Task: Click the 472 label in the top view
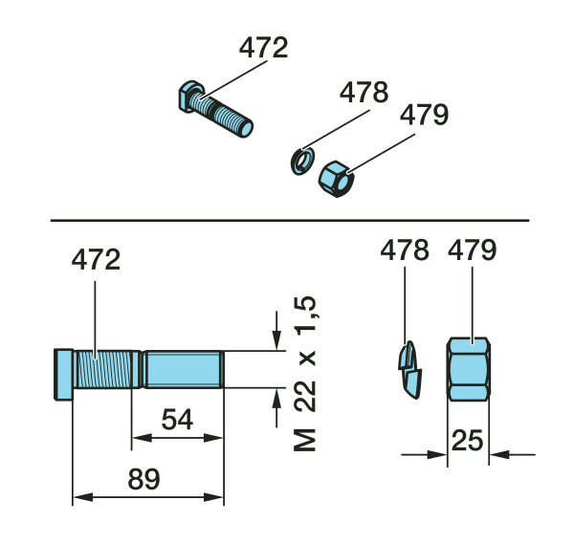(264, 48)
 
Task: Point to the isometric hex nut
(336, 179)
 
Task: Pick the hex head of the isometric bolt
(190, 96)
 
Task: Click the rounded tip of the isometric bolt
(247, 129)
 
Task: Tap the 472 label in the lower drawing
(96, 259)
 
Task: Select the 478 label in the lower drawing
(405, 250)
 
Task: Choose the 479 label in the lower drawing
(473, 250)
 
